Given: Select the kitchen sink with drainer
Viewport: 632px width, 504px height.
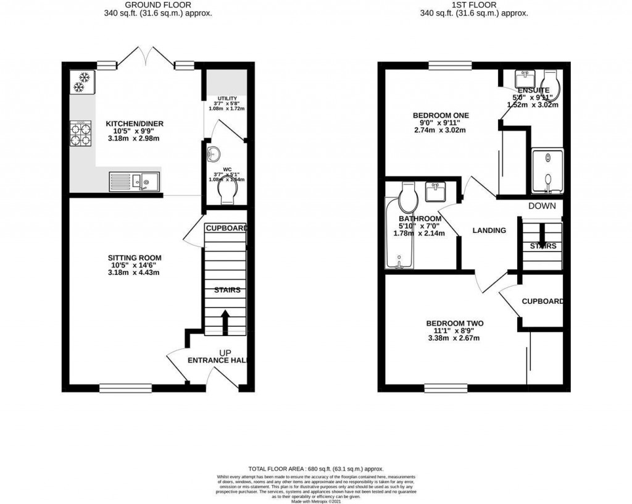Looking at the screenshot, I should (134, 181).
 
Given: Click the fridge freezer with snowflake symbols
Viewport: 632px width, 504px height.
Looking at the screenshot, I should (82, 82).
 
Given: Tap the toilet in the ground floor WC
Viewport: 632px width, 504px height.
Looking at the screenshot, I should (227, 189).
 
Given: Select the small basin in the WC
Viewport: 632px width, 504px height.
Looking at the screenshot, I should (214, 153).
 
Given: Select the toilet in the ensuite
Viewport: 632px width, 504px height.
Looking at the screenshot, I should (549, 86).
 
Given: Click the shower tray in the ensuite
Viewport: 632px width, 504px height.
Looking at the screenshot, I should (547, 171).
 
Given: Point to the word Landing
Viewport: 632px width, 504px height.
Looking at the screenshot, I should (489, 230).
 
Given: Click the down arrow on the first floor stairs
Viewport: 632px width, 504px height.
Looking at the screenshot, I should (541, 233).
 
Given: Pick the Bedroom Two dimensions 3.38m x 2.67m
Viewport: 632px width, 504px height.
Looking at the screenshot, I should (454, 338).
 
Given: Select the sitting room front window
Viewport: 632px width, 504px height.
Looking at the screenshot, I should (117, 388).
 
